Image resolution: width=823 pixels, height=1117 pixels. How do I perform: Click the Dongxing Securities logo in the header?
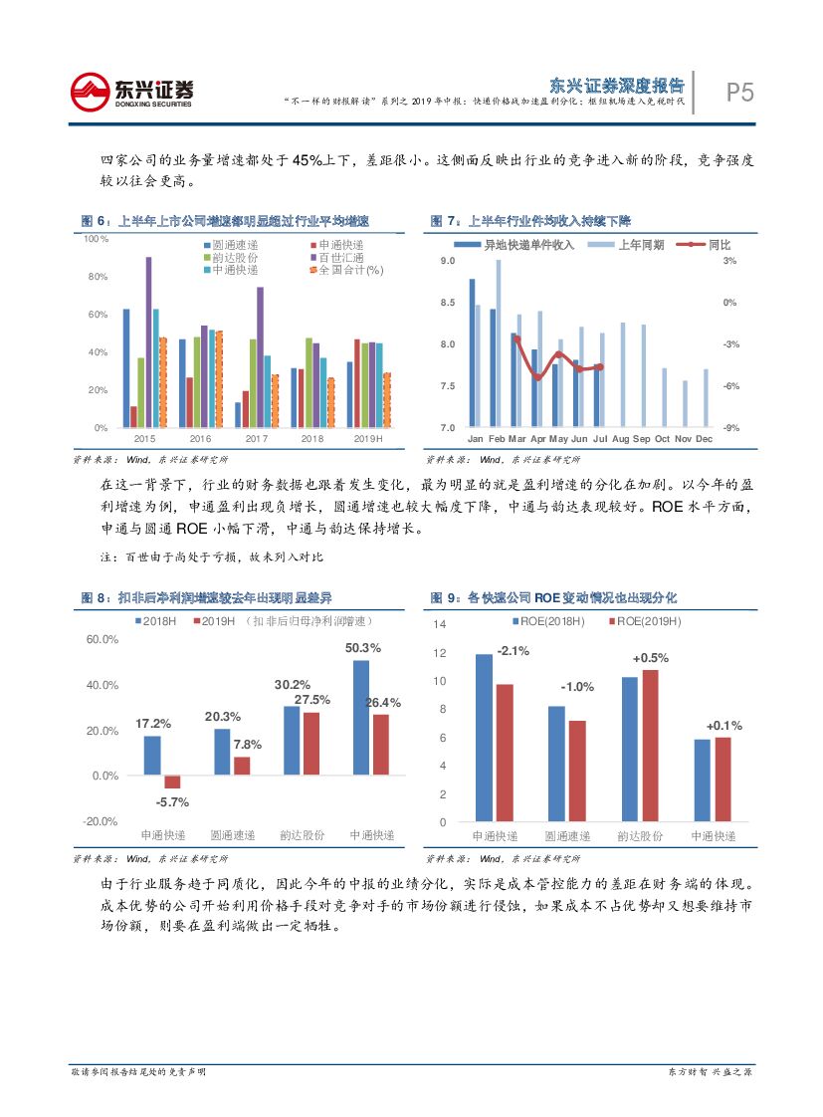(131, 92)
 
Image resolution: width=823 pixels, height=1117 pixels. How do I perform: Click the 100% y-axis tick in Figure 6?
(95, 239)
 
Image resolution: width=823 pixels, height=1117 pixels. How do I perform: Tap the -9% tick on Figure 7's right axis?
(729, 428)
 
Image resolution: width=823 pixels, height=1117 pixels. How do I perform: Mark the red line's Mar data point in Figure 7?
(515, 338)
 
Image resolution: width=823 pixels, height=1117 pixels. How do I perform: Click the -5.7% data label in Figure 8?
(172, 802)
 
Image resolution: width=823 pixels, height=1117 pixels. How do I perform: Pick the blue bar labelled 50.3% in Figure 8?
(360, 717)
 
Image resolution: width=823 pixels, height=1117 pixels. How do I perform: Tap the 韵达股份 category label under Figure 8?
(301, 835)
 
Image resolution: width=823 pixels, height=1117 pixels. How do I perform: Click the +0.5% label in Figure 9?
(650, 658)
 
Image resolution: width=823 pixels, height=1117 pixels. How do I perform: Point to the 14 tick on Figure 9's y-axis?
(443, 624)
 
